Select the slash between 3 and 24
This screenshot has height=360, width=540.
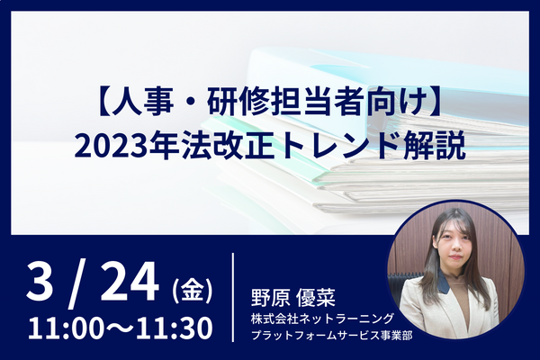tap(75, 285)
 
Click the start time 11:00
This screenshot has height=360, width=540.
tap(65, 328)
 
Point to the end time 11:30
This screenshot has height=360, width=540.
tap(175, 328)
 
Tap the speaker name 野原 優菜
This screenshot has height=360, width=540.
tap(293, 298)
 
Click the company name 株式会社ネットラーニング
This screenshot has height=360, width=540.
tap(322, 319)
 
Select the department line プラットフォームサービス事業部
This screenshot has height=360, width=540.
tap(331, 335)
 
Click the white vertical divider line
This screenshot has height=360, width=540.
tap(233, 297)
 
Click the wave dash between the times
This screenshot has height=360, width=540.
tap(120, 328)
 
